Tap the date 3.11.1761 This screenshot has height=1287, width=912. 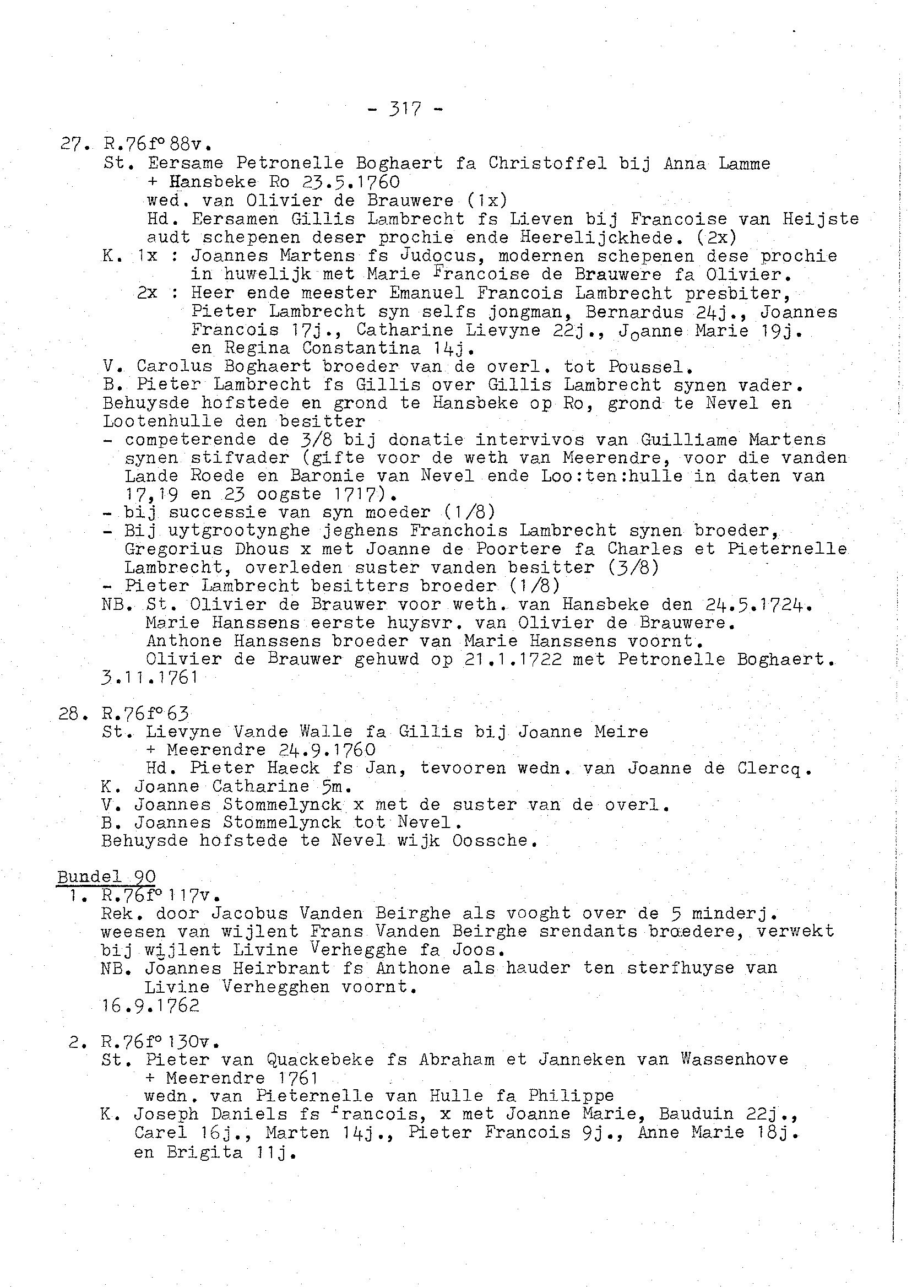[x=150, y=677]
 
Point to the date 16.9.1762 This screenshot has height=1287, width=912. [x=150, y=1005]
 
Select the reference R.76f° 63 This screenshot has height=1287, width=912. [x=145, y=713]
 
